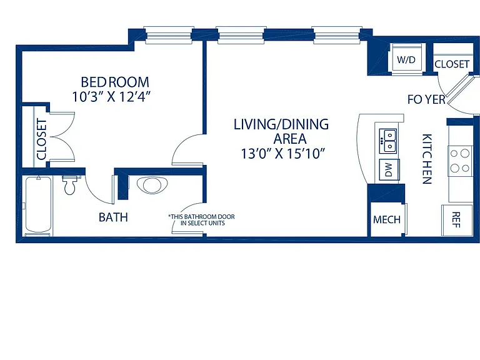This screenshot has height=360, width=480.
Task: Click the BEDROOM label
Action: [x=115, y=82]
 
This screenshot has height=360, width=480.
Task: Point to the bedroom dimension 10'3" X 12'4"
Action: [x=112, y=97]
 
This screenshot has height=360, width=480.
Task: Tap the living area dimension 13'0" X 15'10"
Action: [x=282, y=154]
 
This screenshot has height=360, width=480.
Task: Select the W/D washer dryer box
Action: [x=406, y=59]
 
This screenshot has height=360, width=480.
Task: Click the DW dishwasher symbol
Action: [x=389, y=169]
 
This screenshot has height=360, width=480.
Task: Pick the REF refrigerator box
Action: [x=457, y=220]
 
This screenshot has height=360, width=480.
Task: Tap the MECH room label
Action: [x=387, y=219]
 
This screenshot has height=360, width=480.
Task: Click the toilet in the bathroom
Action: [x=70, y=184]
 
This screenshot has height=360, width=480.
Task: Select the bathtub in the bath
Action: [x=38, y=205]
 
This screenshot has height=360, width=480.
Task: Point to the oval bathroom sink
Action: [x=152, y=186]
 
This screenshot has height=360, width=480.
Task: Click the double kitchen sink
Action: [x=388, y=141]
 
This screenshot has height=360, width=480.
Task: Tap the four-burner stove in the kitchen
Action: [x=460, y=161]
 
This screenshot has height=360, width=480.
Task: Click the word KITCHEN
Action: [x=427, y=159]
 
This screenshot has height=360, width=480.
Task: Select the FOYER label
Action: [x=426, y=99]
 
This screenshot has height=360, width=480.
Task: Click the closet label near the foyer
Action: [x=452, y=64]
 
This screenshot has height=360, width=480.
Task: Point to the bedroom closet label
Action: [x=41, y=139]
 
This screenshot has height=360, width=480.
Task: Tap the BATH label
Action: [x=113, y=217]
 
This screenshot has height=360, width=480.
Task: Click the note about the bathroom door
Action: [x=201, y=220]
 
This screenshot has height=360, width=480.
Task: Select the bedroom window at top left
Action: [x=169, y=35]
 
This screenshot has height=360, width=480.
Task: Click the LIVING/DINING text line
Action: [x=281, y=124]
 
